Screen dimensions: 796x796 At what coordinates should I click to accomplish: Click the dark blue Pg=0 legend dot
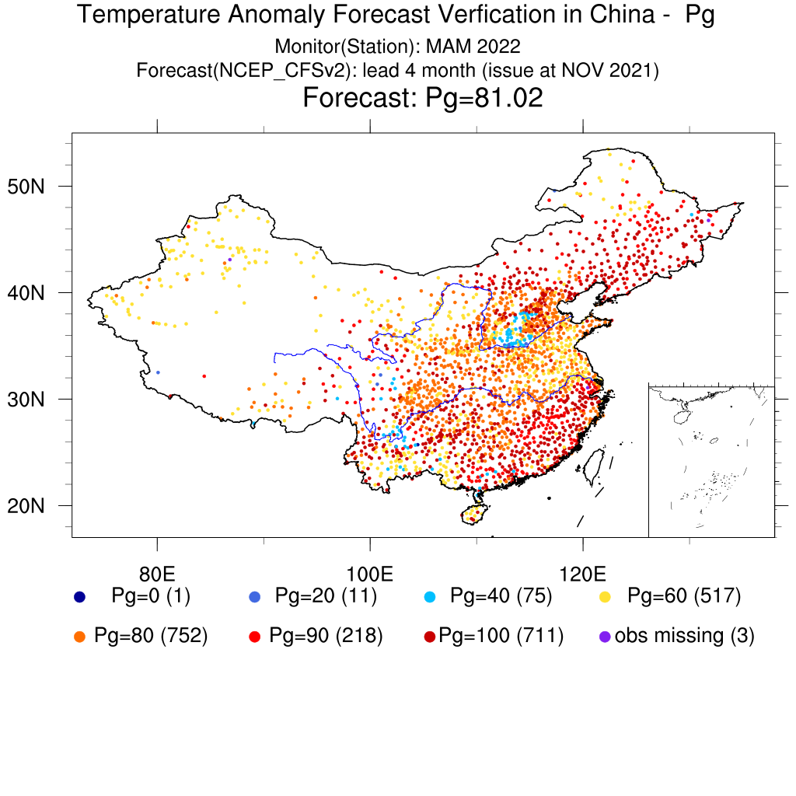[79, 597]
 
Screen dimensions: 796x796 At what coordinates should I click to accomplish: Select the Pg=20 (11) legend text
[326, 596]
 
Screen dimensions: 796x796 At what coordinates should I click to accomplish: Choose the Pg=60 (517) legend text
[684, 596]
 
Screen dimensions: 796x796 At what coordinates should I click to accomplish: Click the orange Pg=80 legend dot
[79, 636]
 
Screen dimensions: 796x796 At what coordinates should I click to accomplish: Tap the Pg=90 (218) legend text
[326, 635]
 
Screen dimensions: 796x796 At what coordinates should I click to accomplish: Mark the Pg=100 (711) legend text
[501, 635]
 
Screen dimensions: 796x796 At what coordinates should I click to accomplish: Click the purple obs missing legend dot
[605, 636]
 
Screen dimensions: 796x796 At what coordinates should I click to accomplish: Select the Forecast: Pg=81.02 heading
[422, 99]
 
